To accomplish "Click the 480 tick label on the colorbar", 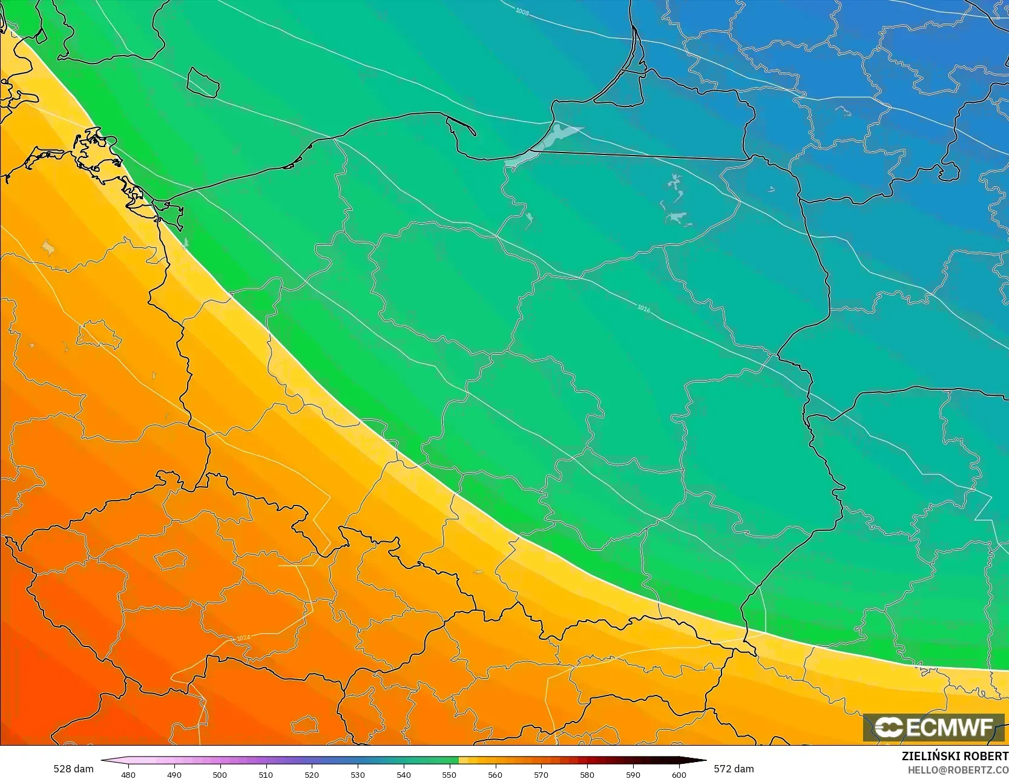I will pos(128,774).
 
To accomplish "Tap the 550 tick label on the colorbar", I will pos(449,774).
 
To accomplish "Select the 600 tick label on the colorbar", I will pos(679,774).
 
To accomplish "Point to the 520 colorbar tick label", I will pos(312,774).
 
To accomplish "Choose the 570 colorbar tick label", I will pos(541,774).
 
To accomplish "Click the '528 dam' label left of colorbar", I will pos(73,769).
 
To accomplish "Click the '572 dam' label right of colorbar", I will pos(734,769).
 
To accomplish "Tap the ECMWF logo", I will pos(934,727).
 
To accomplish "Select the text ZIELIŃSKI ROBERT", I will pos(955,756).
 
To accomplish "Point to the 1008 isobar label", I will pos(522,11).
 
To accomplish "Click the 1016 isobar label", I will pos(643,309).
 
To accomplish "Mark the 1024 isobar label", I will pos(243,638).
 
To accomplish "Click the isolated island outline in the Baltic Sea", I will pos(202,82).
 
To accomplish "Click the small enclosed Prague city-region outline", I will pos(171,559).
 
